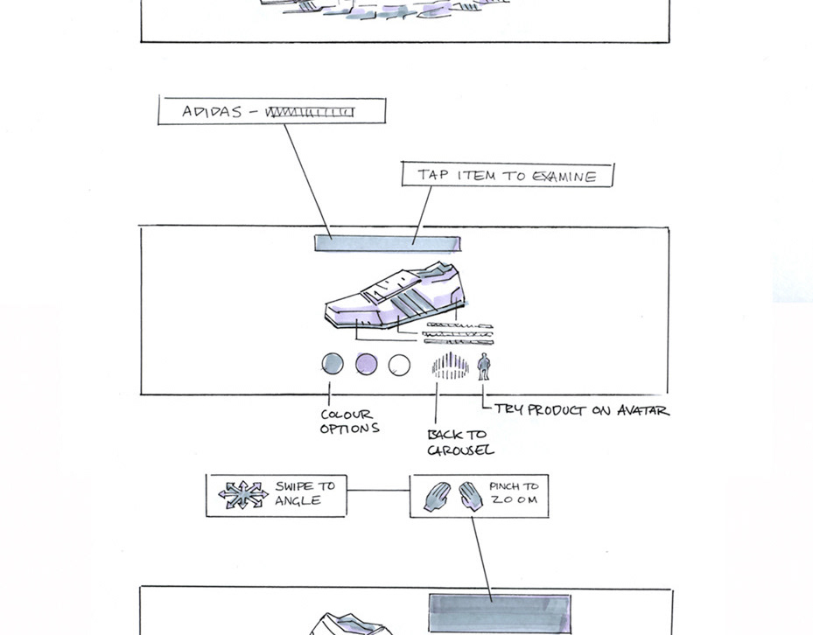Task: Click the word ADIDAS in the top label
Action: (212, 112)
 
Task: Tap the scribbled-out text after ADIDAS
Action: (311, 112)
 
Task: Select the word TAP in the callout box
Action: (433, 175)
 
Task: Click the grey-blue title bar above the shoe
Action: (388, 243)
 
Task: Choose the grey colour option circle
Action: (333, 364)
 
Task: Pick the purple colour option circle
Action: (367, 364)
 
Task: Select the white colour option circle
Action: (399, 365)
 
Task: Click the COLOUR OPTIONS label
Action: (348, 422)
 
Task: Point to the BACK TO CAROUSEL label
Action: (459, 443)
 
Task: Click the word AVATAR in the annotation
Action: (642, 409)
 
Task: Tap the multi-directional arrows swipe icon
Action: (242, 495)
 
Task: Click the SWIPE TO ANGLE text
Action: (304, 493)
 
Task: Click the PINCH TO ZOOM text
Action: (514, 493)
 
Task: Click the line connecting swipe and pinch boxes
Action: (378, 491)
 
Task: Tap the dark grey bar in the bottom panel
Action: (499, 612)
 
